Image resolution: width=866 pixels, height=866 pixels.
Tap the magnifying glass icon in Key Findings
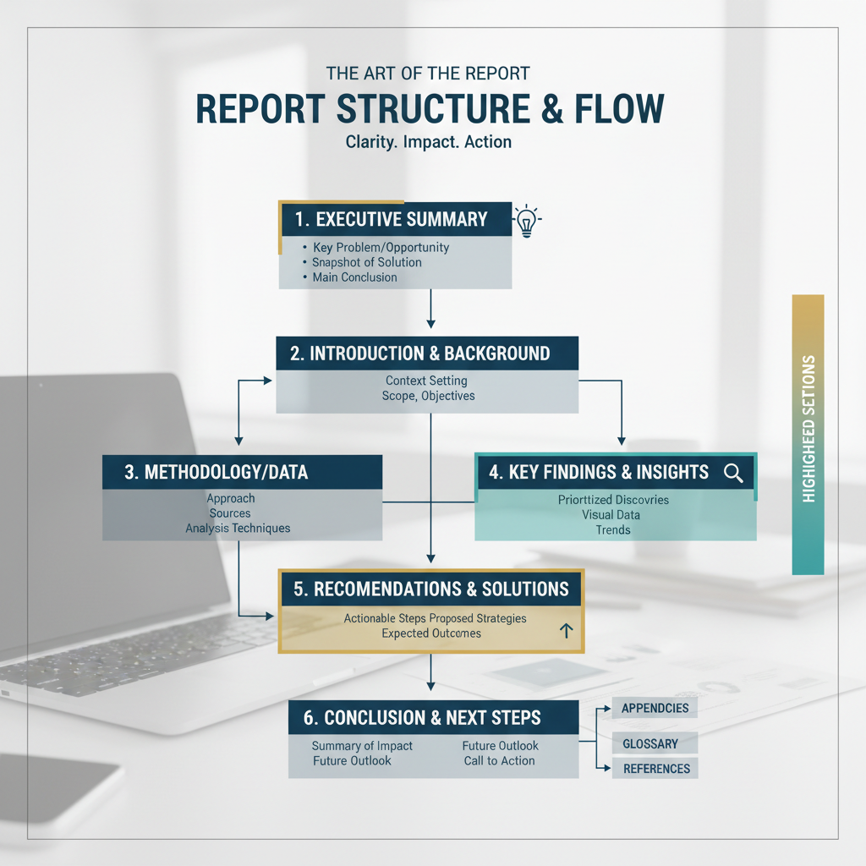733,473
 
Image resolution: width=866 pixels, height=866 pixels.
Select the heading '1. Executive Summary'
391,219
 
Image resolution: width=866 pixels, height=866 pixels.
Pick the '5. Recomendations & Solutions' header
430,589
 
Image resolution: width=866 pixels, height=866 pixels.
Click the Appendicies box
655,708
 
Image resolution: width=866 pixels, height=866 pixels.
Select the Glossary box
650,743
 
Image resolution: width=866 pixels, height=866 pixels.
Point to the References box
656,768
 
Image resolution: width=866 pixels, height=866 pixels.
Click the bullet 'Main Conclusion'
354,277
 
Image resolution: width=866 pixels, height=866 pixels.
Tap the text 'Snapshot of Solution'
366,262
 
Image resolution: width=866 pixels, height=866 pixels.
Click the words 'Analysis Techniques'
238,528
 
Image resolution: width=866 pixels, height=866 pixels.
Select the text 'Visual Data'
611,514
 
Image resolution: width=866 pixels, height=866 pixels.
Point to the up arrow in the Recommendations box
566,630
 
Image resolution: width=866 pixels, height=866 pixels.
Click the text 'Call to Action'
499,760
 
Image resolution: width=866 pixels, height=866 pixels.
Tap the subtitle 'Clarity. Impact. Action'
429,141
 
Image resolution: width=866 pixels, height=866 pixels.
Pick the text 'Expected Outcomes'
430,633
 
